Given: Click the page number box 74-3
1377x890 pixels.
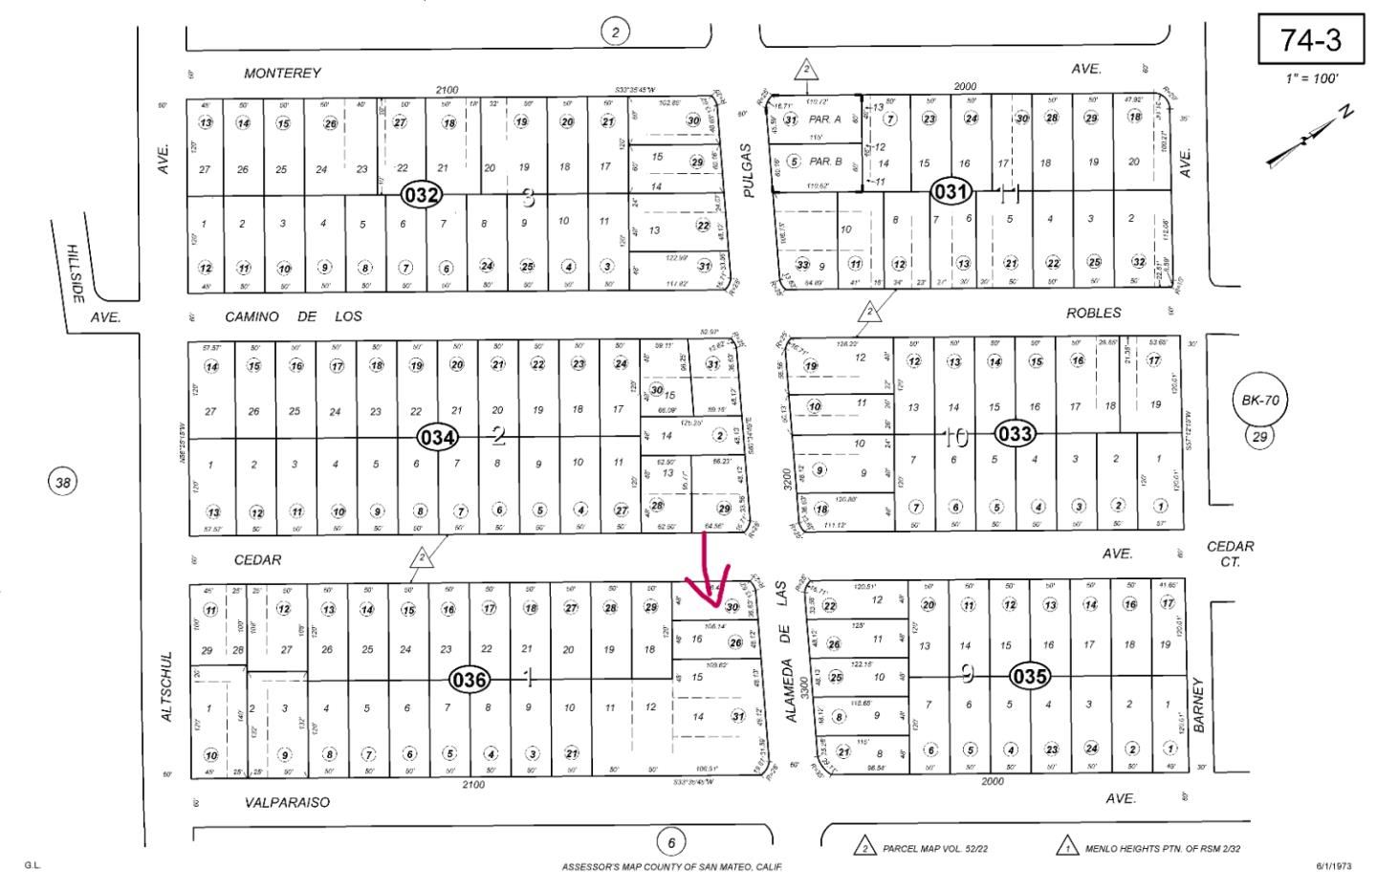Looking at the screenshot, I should tap(1311, 40).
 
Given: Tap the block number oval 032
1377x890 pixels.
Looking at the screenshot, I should tap(421, 196).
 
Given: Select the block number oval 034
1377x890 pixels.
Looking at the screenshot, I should tap(438, 438).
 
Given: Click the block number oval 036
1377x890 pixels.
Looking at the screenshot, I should tap(470, 680).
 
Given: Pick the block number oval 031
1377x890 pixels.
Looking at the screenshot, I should tap(951, 192).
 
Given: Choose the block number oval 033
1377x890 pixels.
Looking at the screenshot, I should tap(1015, 433).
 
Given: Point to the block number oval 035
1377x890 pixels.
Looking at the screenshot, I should tap(1030, 677).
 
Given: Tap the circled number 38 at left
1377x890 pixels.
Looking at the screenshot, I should tap(63, 482).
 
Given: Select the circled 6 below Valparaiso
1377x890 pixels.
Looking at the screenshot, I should tap(671, 842).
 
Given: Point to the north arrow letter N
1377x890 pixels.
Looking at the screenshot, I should tap(1346, 113).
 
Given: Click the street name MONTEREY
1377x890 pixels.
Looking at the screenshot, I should tap(282, 73).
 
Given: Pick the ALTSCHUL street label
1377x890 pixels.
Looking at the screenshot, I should tap(166, 686).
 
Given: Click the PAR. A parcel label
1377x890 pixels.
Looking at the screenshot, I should tap(824, 119).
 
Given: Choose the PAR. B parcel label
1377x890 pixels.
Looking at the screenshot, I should tap(825, 162).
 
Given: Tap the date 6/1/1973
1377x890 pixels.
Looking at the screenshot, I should tap(1334, 866).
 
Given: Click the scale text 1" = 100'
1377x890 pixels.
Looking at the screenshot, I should tap(1311, 78).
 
